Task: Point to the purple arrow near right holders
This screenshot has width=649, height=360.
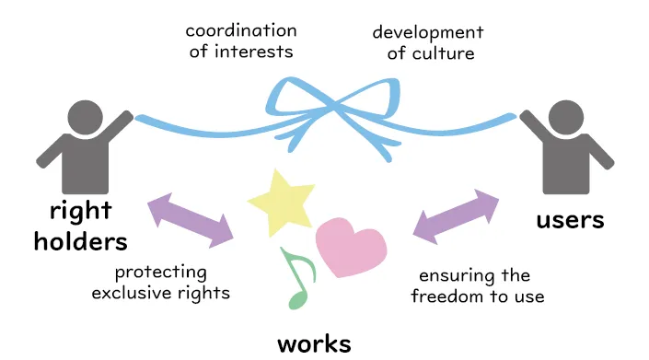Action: point(191,219)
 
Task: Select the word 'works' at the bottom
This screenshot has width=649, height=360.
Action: point(314,344)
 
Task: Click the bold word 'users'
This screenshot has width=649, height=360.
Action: point(570,220)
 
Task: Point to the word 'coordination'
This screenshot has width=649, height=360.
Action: point(242,30)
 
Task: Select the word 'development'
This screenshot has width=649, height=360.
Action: point(427,32)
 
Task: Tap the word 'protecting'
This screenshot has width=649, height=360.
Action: point(161,273)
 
